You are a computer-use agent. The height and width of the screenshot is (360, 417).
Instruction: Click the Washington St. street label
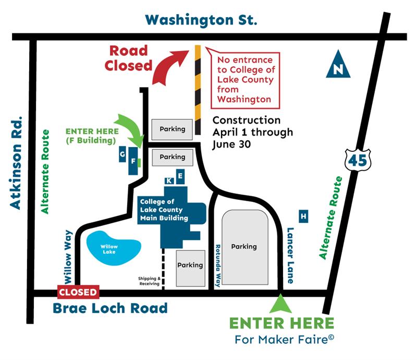[x=201, y=20]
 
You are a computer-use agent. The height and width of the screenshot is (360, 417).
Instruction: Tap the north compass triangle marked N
[x=338, y=65]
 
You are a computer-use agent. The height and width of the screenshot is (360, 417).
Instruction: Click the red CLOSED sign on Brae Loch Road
[x=78, y=292]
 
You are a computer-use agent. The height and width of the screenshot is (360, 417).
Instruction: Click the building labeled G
[x=122, y=155]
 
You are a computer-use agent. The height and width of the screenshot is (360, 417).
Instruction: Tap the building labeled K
[x=169, y=181]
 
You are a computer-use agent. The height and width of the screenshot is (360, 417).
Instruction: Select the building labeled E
[x=180, y=177]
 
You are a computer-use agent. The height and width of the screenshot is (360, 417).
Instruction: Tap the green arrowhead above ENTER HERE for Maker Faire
[x=281, y=303]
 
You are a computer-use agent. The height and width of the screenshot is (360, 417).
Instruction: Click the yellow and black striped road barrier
[x=198, y=82]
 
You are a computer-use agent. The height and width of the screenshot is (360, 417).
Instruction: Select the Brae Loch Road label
[x=110, y=308]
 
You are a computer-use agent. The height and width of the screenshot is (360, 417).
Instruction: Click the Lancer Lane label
[x=290, y=254]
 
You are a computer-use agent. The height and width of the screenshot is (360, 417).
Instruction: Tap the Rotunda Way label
[x=218, y=266]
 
